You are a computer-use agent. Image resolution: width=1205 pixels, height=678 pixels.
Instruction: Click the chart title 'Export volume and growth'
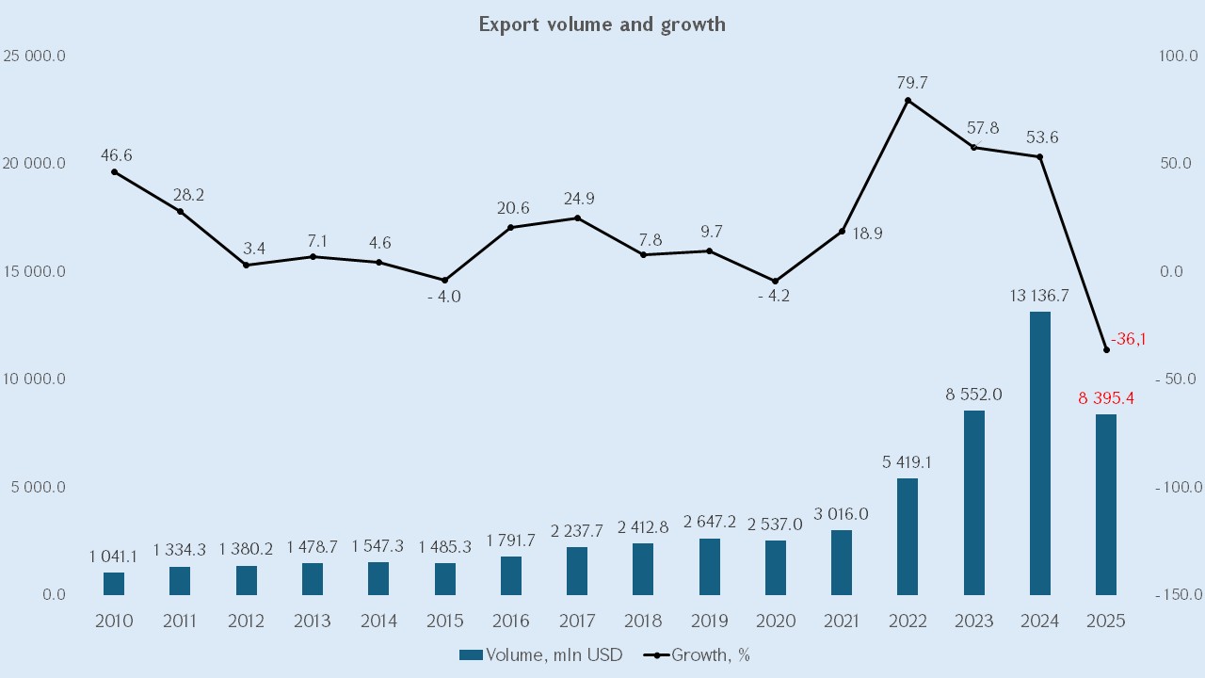pos(602,24)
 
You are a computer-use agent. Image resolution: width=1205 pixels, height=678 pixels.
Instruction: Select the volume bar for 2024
pos(1040,453)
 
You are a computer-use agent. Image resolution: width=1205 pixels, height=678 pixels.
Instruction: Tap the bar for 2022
pos(908,537)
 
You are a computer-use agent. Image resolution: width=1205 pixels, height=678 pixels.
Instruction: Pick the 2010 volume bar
pos(114,584)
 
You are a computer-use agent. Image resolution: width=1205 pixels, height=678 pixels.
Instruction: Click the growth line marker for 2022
pos(908,100)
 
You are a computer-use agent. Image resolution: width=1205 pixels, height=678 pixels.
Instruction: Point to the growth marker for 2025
pos(1106,349)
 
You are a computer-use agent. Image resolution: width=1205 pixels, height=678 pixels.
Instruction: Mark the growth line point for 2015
pos(444,280)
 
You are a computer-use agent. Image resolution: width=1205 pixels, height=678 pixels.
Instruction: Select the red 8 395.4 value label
pos(1106,398)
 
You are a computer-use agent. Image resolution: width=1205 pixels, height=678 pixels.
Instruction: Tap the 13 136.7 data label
pos(1039,296)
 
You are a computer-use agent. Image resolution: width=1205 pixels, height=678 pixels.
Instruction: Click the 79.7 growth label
pos(912,84)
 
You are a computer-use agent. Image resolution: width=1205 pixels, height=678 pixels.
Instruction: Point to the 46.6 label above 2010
pos(116,155)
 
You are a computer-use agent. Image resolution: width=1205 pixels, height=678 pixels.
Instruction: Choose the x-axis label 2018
pos(643,621)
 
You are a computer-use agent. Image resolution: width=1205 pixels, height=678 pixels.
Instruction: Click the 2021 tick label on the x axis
pos(842,621)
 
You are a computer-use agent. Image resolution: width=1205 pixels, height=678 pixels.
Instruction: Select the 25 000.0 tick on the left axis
pos(34,56)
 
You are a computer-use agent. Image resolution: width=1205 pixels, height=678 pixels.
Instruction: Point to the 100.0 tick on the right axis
pos(1177,56)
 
